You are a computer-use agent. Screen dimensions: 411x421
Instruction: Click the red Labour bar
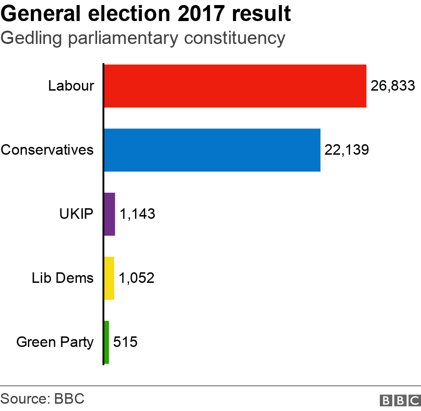(235, 86)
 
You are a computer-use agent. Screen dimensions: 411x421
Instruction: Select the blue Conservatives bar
(212, 150)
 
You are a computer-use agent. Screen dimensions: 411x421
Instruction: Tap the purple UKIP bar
(109, 214)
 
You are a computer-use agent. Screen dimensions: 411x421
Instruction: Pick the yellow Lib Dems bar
(109, 278)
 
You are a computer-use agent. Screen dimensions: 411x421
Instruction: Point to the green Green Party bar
(107, 342)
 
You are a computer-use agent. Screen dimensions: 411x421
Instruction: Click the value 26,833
(393, 86)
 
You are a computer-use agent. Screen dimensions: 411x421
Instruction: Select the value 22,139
(346, 150)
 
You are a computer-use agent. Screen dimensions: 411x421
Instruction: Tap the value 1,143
(137, 214)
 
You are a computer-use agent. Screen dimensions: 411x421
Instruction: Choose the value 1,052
(136, 278)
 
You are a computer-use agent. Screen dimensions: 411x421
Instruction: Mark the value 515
(125, 342)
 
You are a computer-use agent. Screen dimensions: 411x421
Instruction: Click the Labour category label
(71, 86)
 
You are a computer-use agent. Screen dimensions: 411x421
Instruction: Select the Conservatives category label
(47, 150)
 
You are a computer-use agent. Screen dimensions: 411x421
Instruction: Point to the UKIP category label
(76, 214)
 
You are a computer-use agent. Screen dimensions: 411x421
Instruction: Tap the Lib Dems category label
(63, 278)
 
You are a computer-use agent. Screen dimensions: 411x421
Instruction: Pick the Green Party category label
(55, 342)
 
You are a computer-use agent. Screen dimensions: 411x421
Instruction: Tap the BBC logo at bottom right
(400, 400)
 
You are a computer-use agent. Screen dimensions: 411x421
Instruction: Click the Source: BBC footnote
(43, 398)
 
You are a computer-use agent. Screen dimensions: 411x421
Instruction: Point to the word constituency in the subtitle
(235, 38)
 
